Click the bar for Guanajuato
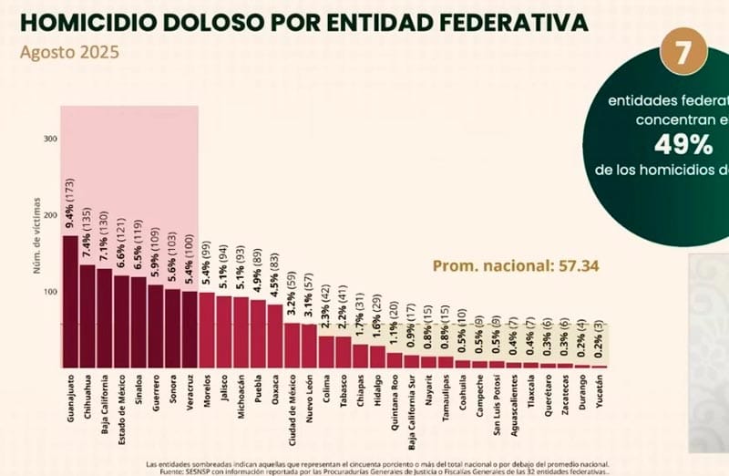[x=69, y=301]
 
